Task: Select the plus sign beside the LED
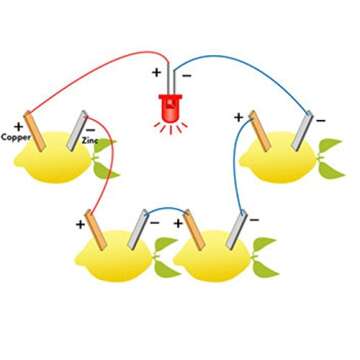tap(156, 73)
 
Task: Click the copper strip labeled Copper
tap(36, 129)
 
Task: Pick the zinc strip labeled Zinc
tap(75, 132)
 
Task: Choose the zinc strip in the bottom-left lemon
tap(139, 229)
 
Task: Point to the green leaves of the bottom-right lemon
tap(263, 255)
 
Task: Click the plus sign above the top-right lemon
tap(239, 117)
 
